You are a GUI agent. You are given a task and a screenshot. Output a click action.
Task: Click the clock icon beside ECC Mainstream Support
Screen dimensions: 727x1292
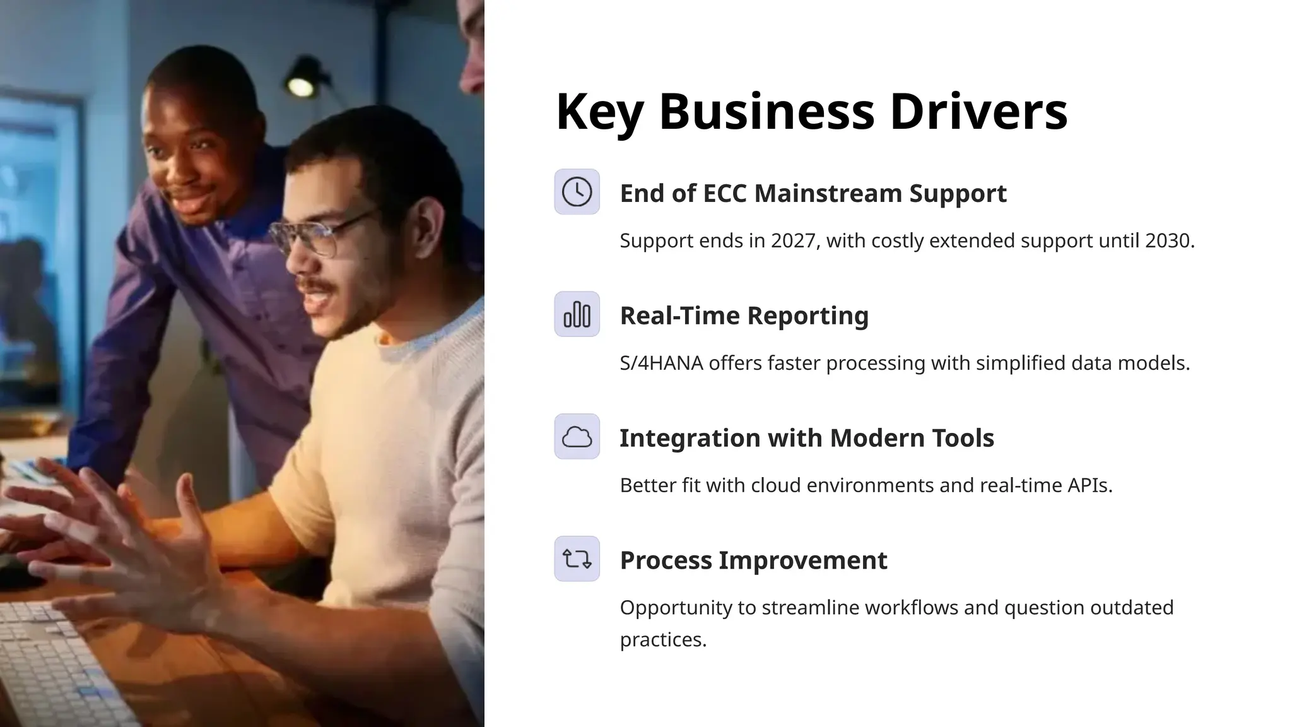577,192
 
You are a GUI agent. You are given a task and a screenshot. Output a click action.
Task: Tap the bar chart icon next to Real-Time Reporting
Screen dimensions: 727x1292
577,314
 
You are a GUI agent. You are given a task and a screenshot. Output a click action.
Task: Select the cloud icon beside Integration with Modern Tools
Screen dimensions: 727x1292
577,437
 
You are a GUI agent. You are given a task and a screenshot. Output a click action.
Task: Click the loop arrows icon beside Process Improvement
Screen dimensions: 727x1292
577,559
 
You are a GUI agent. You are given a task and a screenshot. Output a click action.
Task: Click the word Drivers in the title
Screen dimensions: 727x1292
978,112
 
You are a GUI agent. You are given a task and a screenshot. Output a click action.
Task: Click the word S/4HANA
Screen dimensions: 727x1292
661,363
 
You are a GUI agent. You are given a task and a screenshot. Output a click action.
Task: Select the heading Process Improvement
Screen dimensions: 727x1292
753,560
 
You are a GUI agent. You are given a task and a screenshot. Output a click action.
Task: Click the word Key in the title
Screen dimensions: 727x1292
599,112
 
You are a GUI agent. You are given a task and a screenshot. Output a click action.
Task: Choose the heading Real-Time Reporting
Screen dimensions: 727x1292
744,316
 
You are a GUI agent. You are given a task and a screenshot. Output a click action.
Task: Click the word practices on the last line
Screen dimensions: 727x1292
662,640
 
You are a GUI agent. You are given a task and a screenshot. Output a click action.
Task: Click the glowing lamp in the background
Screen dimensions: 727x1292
301,85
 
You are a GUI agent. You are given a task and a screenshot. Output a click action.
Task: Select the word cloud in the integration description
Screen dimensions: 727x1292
776,485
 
